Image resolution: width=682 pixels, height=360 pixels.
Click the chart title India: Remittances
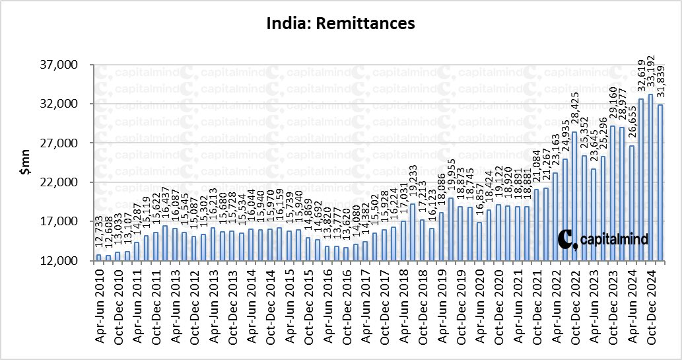[x=340, y=24]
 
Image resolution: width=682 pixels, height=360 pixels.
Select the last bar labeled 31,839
[x=660, y=182]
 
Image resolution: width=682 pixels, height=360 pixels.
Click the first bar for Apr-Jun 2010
[x=99, y=258]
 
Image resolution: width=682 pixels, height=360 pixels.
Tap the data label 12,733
[x=99, y=236]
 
